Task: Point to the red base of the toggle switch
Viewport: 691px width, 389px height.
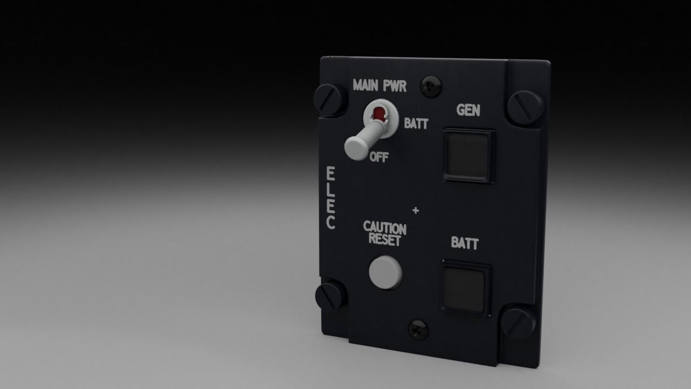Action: pos(380,113)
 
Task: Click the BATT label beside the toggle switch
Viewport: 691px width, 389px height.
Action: pos(416,124)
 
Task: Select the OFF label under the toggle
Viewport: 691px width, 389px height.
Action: pos(379,157)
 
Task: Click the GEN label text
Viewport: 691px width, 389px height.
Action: pos(468,110)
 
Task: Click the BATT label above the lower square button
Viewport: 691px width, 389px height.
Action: pos(465,243)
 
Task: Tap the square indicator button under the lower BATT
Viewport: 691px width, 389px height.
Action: pos(466,287)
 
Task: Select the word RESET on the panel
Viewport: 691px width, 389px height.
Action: pos(385,239)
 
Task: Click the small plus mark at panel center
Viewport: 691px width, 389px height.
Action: pos(416,210)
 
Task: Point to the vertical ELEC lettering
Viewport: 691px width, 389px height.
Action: pos(330,198)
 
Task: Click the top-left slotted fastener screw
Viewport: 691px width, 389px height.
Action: pos(329,99)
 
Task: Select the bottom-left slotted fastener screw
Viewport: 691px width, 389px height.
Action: pos(330,295)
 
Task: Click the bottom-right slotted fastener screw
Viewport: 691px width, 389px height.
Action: pos(518,323)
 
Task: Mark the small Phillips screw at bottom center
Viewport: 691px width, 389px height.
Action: pos(418,328)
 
